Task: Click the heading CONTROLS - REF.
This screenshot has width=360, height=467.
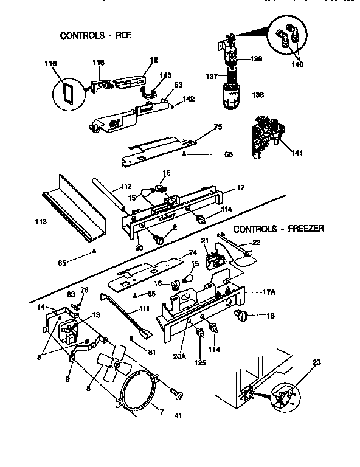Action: pyautogui.click(x=95, y=36)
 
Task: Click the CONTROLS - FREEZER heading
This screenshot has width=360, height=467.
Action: pyautogui.click(x=279, y=229)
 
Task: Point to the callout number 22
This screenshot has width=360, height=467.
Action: pyautogui.click(x=256, y=243)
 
